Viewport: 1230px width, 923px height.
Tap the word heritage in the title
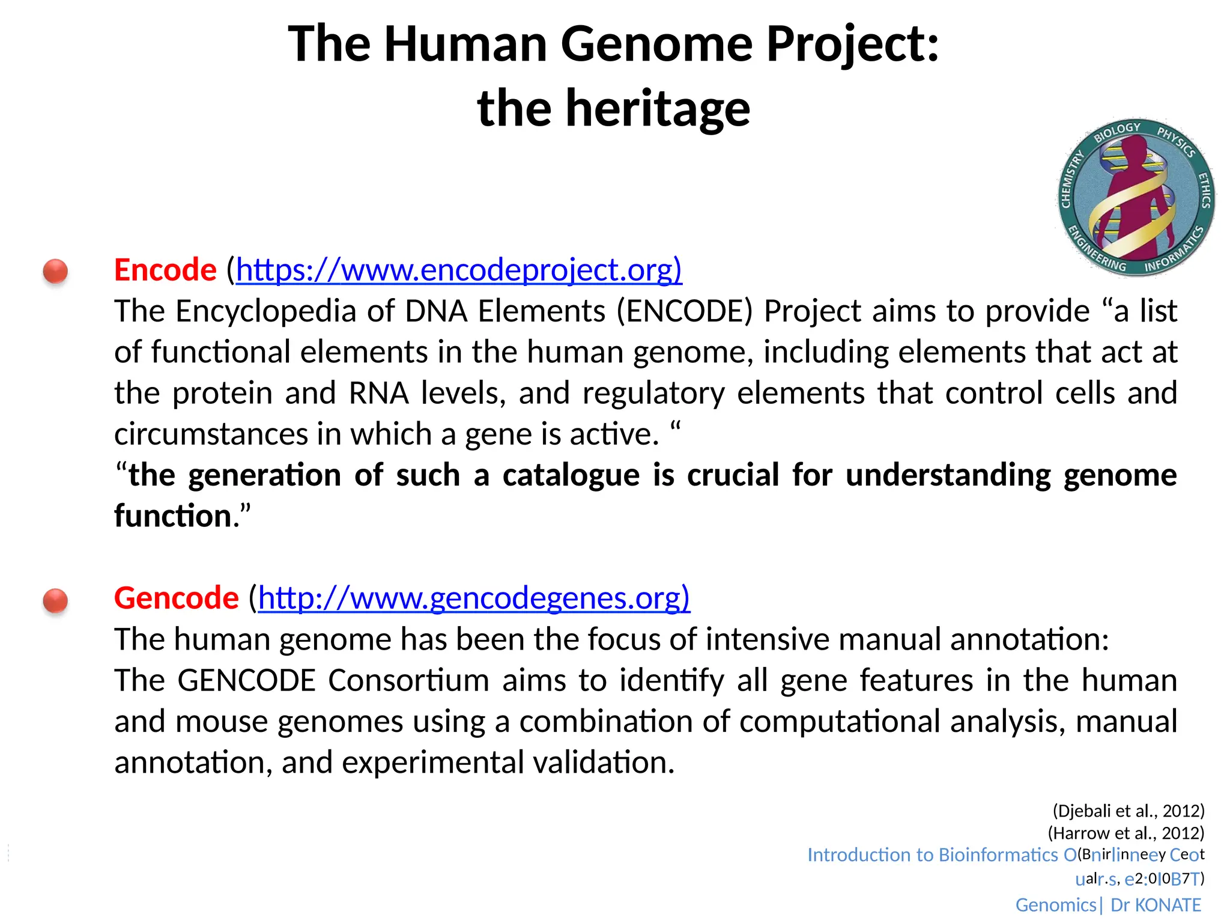(x=658, y=109)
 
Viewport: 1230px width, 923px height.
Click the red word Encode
(x=165, y=270)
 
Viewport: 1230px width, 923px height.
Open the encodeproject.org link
(x=459, y=270)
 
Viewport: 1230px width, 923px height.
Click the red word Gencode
(x=177, y=598)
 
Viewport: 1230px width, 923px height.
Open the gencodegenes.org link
(x=474, y=598)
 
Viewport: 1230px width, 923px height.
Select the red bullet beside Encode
(x=55, y=271)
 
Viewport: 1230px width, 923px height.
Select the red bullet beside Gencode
(x=55, y=600)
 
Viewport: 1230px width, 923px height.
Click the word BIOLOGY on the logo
(x=1116, y=132)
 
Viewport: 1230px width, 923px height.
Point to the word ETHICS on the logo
(x=1204, y=190)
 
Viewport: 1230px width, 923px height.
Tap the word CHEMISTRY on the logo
(x=1071, y=179)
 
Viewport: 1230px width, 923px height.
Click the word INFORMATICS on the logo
(x=1174, y=251)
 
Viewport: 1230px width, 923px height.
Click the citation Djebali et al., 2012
(x=1129, y=811)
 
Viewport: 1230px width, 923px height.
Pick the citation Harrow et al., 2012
(x=1126, y=833)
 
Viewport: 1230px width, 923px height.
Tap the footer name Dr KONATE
(x=1155, y=905)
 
